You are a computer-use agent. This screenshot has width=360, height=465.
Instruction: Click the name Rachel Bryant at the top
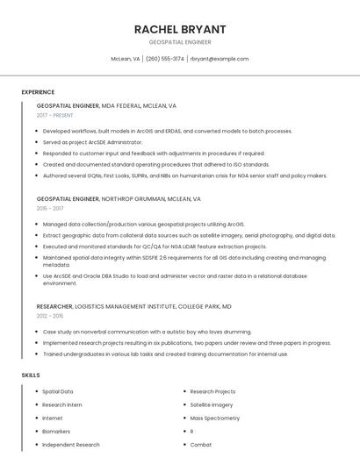pos(180,29)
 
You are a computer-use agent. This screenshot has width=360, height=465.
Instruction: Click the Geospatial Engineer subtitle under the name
pos(180,42)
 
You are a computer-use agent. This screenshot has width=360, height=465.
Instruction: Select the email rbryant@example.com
pos(220,59)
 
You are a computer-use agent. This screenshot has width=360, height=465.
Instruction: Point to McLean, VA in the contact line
pos(125,59)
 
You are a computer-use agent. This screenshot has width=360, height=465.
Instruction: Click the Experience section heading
pos(38,92)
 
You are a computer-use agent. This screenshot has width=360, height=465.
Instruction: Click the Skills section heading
pos(31,375)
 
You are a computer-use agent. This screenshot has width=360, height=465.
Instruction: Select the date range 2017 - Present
pos(54,116)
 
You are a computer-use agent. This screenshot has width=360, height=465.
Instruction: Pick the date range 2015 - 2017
pos(50,209)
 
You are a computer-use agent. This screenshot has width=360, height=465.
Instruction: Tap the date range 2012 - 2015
pos(50,316)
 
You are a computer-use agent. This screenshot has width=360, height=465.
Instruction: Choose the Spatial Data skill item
pos(58,391)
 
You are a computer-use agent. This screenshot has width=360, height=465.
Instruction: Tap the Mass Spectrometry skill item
pos(214,418)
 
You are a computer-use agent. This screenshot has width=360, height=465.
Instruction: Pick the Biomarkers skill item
pos(56,432)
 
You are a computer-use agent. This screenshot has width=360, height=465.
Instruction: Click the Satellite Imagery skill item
pos(212,404)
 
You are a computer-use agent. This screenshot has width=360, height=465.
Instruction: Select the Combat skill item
pos(201,445)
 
